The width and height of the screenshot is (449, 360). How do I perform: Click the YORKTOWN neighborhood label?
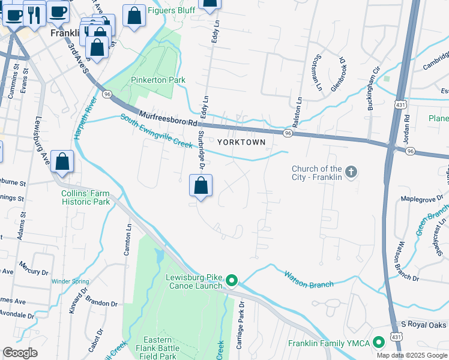240,142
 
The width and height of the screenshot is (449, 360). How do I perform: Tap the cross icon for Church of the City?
352,173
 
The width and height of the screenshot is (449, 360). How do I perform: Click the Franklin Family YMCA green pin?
378,343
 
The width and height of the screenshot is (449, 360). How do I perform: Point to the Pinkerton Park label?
158,80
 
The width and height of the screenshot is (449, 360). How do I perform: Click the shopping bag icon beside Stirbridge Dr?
201,186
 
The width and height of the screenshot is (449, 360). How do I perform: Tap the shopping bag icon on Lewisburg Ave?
62,162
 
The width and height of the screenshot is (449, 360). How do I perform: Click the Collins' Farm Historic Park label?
85,197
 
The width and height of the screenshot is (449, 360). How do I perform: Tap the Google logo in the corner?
20,353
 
